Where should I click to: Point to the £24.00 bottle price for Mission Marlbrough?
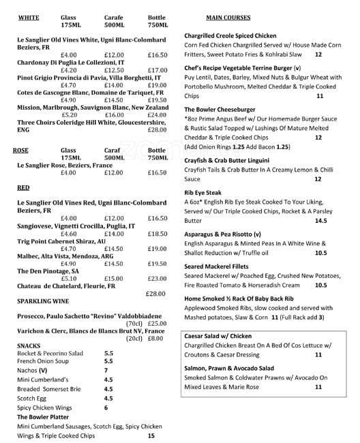point(157,115)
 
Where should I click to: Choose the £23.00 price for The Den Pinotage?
point(157,278)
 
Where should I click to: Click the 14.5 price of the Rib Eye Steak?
point(320,221)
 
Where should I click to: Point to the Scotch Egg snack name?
point(32,398)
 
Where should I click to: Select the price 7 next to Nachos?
point(106,370)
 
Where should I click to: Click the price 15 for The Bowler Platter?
point(151,436)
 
